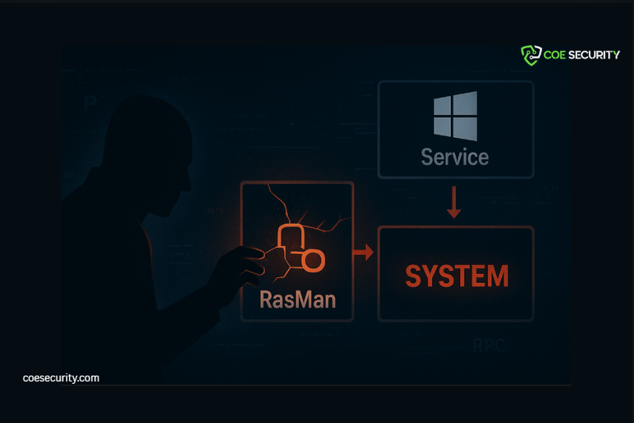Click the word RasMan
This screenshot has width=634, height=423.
tap(298, 299)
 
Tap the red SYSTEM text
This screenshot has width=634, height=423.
tap(457, 276)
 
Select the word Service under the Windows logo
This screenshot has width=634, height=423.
tap(455, 157)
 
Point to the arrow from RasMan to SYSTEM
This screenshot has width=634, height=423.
tap(363, 253)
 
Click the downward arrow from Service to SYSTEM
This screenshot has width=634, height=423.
tap(455, 202)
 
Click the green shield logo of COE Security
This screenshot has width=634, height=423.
tap(531, 55)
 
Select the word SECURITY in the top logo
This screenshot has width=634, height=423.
tap(594, 55)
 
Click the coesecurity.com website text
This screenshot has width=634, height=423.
tap(61, 378)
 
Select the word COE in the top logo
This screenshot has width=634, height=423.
tap(555, 55)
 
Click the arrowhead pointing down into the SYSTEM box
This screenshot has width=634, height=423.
tap(455, 213)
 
